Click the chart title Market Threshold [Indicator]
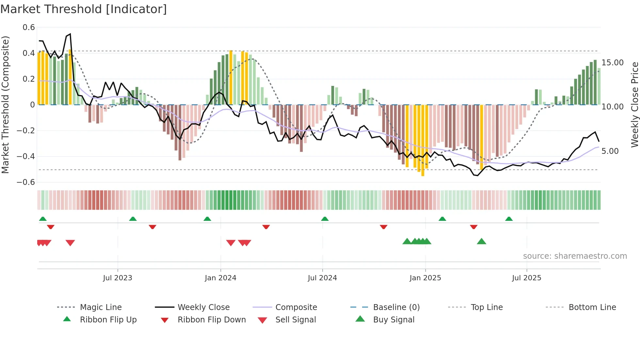84,9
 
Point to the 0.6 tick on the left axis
29,27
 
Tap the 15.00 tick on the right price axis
612,63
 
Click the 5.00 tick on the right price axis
610,151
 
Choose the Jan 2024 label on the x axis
220,278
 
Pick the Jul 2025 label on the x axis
526,278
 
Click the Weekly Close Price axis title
634,105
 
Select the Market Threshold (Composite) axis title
5,105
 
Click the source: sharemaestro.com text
575,256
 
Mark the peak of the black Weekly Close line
70,34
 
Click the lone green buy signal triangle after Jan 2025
481,242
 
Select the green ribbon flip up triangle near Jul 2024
325,219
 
